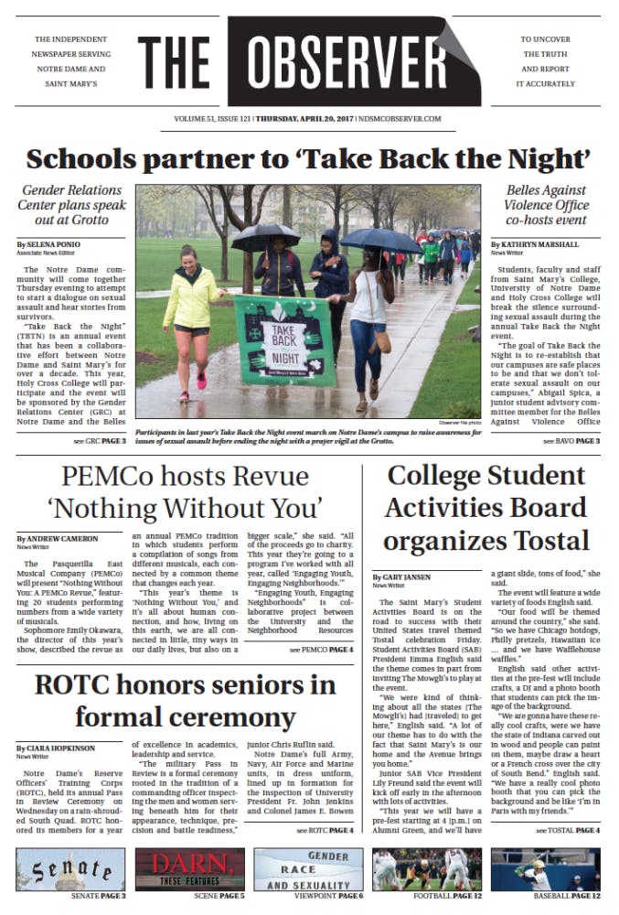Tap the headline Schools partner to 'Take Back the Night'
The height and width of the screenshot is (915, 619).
[x=308, y=158]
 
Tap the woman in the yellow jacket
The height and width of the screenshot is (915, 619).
[x=192, y=311]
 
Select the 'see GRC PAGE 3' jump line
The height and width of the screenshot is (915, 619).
[x=100, y=441]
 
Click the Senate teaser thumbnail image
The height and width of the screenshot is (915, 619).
[x=69, y=868]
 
